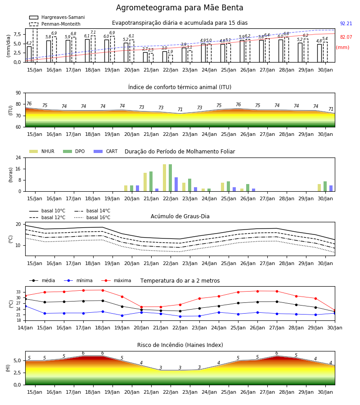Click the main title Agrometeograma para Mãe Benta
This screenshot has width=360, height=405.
pyautogui.click(x=180, y=8)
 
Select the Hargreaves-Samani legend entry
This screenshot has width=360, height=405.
pyautogui.click(x=57, y=17)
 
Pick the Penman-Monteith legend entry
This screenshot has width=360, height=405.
pyautogui.click(x=55, y=24)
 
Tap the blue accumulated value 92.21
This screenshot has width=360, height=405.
pyautogui.click(x=346, y=23)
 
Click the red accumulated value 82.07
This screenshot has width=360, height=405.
pyautogui.click(x=346, y=37)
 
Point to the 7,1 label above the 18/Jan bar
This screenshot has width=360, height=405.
pyautogui.click(x=93, y=32)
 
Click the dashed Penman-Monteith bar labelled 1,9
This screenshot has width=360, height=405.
pyautogui.click(x=171, y=58)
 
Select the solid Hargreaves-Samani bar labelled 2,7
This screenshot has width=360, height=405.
pyautogui.click(x=145, y=57)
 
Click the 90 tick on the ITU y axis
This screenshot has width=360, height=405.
pyautogui.click(x=18, y=93)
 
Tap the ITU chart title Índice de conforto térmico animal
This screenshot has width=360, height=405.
pyautogui.click(x=180, y=87)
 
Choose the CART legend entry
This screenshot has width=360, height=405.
pyautogui.click(x=106, y=151)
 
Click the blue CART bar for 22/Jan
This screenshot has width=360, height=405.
pyautogui.click(x=176, y=184)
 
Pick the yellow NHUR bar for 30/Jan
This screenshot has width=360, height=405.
pyautogui.click(x=319, y=188)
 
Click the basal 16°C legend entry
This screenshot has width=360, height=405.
pyautogui.click(x=92, y=217)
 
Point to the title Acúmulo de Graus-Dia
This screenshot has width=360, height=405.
pyautogui.click(x=180, y=216)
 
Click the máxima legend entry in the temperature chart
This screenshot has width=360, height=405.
pyautogui.click(x=117, y=280)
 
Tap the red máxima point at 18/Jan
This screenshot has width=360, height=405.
pyautogui.click(x=103, y=290)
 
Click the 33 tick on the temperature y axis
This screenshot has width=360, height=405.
pyautogui.click(x=18, y=292)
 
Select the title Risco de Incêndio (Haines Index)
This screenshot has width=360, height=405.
pyautogui.click(x=180, y=345)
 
